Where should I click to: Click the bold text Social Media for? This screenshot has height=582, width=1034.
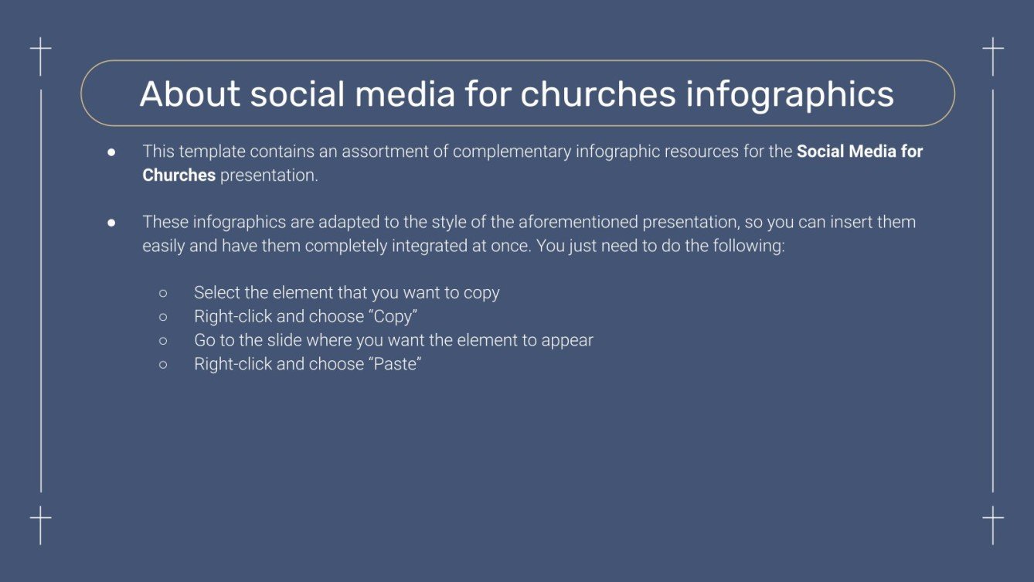pyautogui.click(x=859, y=151)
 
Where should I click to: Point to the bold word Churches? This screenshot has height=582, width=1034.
pyautogui.click(x=179, y=175)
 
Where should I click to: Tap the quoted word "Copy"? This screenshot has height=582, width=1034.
pyautogui.click(x=394, y=317)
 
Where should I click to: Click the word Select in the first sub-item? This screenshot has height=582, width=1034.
pyautogui.click(x=216, y=293)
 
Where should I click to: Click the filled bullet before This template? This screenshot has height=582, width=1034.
pyautogui.click(x=111, y=152)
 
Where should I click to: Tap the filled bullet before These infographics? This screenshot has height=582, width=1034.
pyautogui.click(x=111, y=223)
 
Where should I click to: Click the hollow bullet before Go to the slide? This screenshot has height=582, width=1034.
pyautogui.click(x=163, y=341)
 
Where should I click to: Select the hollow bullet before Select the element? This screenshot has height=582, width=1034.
pyautogui.click(x=163, y=294)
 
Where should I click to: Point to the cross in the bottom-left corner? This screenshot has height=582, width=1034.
pyautogui.click(x=40, y=523)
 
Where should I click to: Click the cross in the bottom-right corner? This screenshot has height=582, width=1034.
pyautogui.click(x=993, y=523)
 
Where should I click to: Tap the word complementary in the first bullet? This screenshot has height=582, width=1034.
pyautogui.click(x=511, y=151)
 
